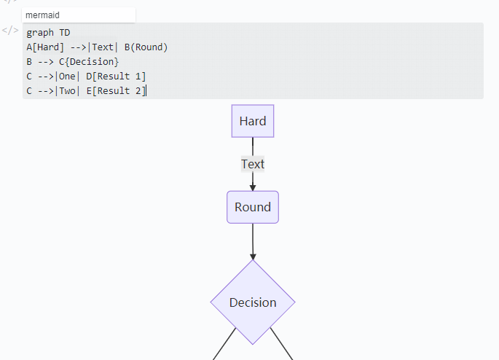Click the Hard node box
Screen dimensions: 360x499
pos(253,121)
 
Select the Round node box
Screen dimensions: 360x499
pos(253,207)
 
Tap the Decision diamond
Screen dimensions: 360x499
pos(253,302)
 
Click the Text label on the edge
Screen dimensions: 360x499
pos(253,164)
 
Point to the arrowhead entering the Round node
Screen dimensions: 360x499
pos(253,187)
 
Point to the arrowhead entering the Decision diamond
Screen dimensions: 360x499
pos(253,256)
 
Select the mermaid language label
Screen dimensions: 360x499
pos(42,15)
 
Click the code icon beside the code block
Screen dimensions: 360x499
pos(10,31)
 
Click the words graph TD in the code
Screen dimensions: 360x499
pos(48,33)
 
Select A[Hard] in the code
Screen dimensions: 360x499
pos(45,47)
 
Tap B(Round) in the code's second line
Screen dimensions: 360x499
pos(146,47)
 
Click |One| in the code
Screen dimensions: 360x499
pos(67,77)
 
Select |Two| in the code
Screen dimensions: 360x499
pos(67,91)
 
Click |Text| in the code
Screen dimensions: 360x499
pos(102,47)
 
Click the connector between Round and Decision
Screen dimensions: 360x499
pos(253,237)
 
